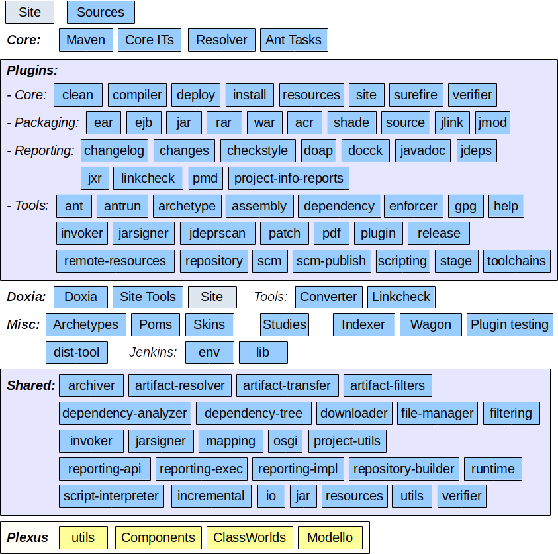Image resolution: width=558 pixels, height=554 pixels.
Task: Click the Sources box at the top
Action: pos(101,12)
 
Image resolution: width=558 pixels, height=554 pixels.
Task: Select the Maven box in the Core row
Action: pos(86,40)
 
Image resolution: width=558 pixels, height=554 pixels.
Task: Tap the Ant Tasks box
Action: pos(293,40)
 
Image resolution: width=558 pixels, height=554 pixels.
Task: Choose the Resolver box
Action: pos(222,40)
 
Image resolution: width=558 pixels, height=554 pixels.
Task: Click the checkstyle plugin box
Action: pos(257,150)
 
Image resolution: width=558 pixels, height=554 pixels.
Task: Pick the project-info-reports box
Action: pos(289,178)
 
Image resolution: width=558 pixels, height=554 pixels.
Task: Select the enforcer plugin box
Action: pos(413,206)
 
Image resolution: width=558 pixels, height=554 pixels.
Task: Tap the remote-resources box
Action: pos(115,261)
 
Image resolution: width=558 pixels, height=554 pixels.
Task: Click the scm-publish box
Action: pos(331,261)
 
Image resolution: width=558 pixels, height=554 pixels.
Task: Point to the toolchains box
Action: pos(516,261)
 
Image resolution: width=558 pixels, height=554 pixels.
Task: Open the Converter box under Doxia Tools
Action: pos(328,297)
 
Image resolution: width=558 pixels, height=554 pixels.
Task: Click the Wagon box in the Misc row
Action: pos(431,324)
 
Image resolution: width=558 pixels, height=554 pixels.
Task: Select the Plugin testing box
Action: pos(509,324)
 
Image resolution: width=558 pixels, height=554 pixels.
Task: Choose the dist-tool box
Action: pos(76,352)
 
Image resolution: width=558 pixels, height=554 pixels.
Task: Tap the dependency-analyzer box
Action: pos(124,413)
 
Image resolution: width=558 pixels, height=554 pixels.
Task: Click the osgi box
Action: pos(285,441)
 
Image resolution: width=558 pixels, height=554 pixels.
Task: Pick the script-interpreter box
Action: pos(111,496)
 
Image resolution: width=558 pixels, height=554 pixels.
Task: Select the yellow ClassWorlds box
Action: pos(250,537)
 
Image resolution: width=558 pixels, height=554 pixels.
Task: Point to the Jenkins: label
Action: pos(153,352)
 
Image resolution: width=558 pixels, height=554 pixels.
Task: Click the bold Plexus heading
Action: pos(28,537)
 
